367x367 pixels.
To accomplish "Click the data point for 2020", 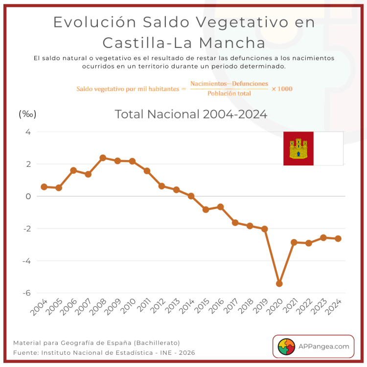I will (279, 283).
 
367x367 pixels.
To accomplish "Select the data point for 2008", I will (103, 158).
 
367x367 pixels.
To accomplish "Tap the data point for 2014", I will (191, 196).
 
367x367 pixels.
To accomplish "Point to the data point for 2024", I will (338, 238).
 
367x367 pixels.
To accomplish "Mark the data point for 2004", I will (44, 187).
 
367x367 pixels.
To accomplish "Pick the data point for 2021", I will (294, 242).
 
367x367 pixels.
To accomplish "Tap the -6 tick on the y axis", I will (28, 293).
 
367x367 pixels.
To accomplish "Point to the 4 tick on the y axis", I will (28, 132).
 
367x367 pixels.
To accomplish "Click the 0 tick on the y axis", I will (28, 196).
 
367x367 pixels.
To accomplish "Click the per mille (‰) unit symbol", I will (27, 114).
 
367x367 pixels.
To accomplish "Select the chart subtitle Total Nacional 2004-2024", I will (191, 115).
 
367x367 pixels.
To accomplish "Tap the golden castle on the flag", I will (298, 149).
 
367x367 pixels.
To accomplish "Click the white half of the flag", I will (328, 148).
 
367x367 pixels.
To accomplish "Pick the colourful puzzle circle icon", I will (286, 346).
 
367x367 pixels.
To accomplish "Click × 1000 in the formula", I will (281, 89).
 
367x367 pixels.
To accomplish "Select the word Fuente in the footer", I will (25, 352).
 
